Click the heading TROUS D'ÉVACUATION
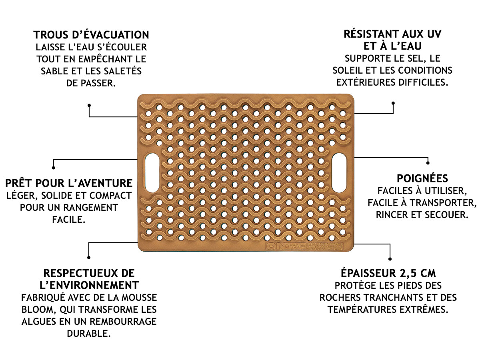[x=91, y=35]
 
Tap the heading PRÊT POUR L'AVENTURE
[x=69, y=183]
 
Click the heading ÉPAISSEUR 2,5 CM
[x=388, y=273]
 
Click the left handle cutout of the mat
[x=152, y=172]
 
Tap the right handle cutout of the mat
[x=339, y=172]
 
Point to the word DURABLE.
[x=89, y=334]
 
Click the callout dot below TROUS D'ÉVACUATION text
[x=89, y=105]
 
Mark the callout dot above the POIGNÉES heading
[x=428, y=163]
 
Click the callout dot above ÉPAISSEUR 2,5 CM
[x=390, y=258]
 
